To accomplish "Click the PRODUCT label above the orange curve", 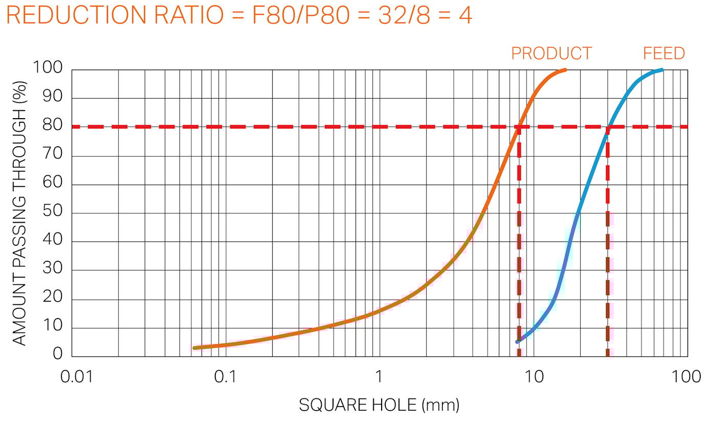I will tap(551, 53).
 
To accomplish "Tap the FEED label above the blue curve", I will tap(663, 53).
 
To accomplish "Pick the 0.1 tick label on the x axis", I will tap(225, 377).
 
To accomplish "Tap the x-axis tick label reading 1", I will tap(379, 377).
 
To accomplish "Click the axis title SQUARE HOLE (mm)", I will tap(379, 406).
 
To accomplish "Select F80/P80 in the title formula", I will tap(291, 16).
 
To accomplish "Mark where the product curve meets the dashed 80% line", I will tap(519, 126).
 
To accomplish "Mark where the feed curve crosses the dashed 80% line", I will tap(608, 126).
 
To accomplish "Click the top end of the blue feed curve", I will tap(662, 70).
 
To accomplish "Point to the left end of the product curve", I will tap(194, 348).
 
